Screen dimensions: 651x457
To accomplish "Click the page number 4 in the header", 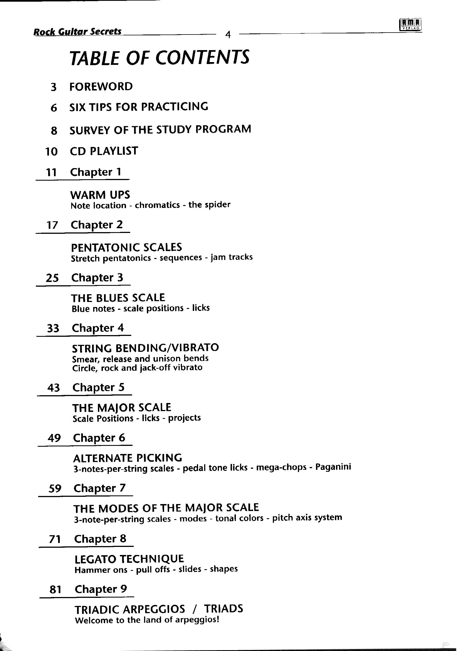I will (x=228, y=35).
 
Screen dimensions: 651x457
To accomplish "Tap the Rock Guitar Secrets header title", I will (x=77, y=31).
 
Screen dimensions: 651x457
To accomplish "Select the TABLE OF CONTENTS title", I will (x=159, y=58).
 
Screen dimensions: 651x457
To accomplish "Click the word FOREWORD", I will (x=101, y=87).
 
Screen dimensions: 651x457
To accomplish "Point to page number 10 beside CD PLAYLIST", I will (x=51, y=151).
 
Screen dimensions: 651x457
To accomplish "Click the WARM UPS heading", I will (x=100, y=195).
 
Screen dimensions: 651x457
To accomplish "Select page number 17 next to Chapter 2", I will (x=52, y=225).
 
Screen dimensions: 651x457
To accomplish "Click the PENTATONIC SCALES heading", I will (x=126, y=247).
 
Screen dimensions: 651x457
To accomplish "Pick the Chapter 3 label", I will (x=97, y=277).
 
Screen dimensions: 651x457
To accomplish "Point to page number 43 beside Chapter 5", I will (x=54, y=388).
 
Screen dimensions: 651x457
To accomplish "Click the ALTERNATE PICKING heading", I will (x=127, y=458).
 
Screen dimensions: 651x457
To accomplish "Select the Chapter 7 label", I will (x=100, y=488).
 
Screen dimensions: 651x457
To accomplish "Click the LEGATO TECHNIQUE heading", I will (x=129, y=559).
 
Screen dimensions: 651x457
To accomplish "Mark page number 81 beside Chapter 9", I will (x=55, y=589).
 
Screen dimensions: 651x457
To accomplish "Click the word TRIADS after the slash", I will (x=223, y=608).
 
